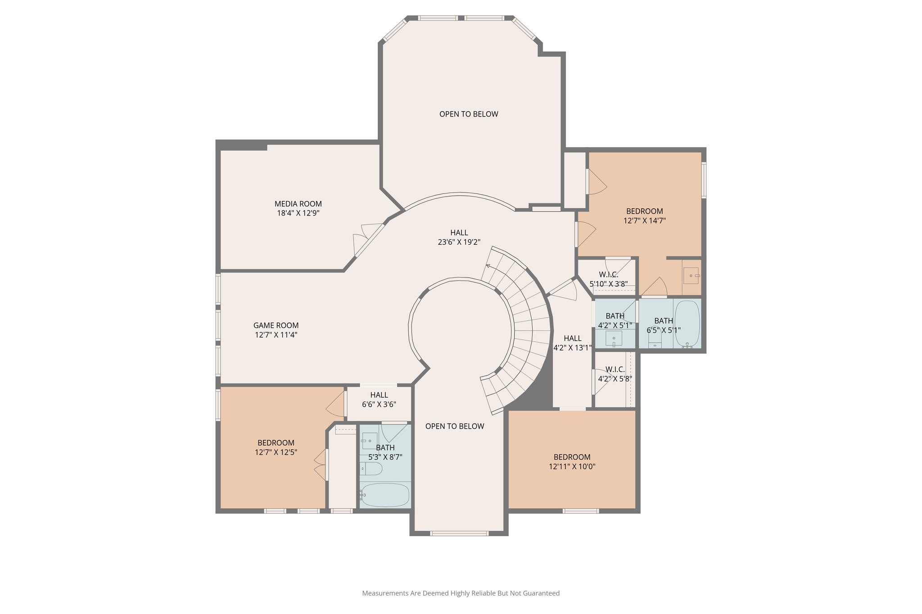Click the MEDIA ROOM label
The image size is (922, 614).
(298, 204)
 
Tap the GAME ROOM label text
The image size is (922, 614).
(276, 325)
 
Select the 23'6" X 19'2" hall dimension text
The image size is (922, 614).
(459, 242)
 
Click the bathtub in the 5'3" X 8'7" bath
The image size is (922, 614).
(385, 495)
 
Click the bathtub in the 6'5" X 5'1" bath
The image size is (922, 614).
(687, 324)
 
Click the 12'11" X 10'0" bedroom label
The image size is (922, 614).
(572, 457)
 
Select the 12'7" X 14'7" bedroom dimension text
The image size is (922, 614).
(644, 221)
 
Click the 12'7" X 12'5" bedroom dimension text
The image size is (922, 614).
(276, 453)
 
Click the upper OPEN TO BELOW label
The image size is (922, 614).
(469, 114)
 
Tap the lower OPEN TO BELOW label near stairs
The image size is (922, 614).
(455, 426)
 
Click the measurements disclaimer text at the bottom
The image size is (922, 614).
(461, 593)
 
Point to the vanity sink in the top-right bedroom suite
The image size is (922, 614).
(691, 275)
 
